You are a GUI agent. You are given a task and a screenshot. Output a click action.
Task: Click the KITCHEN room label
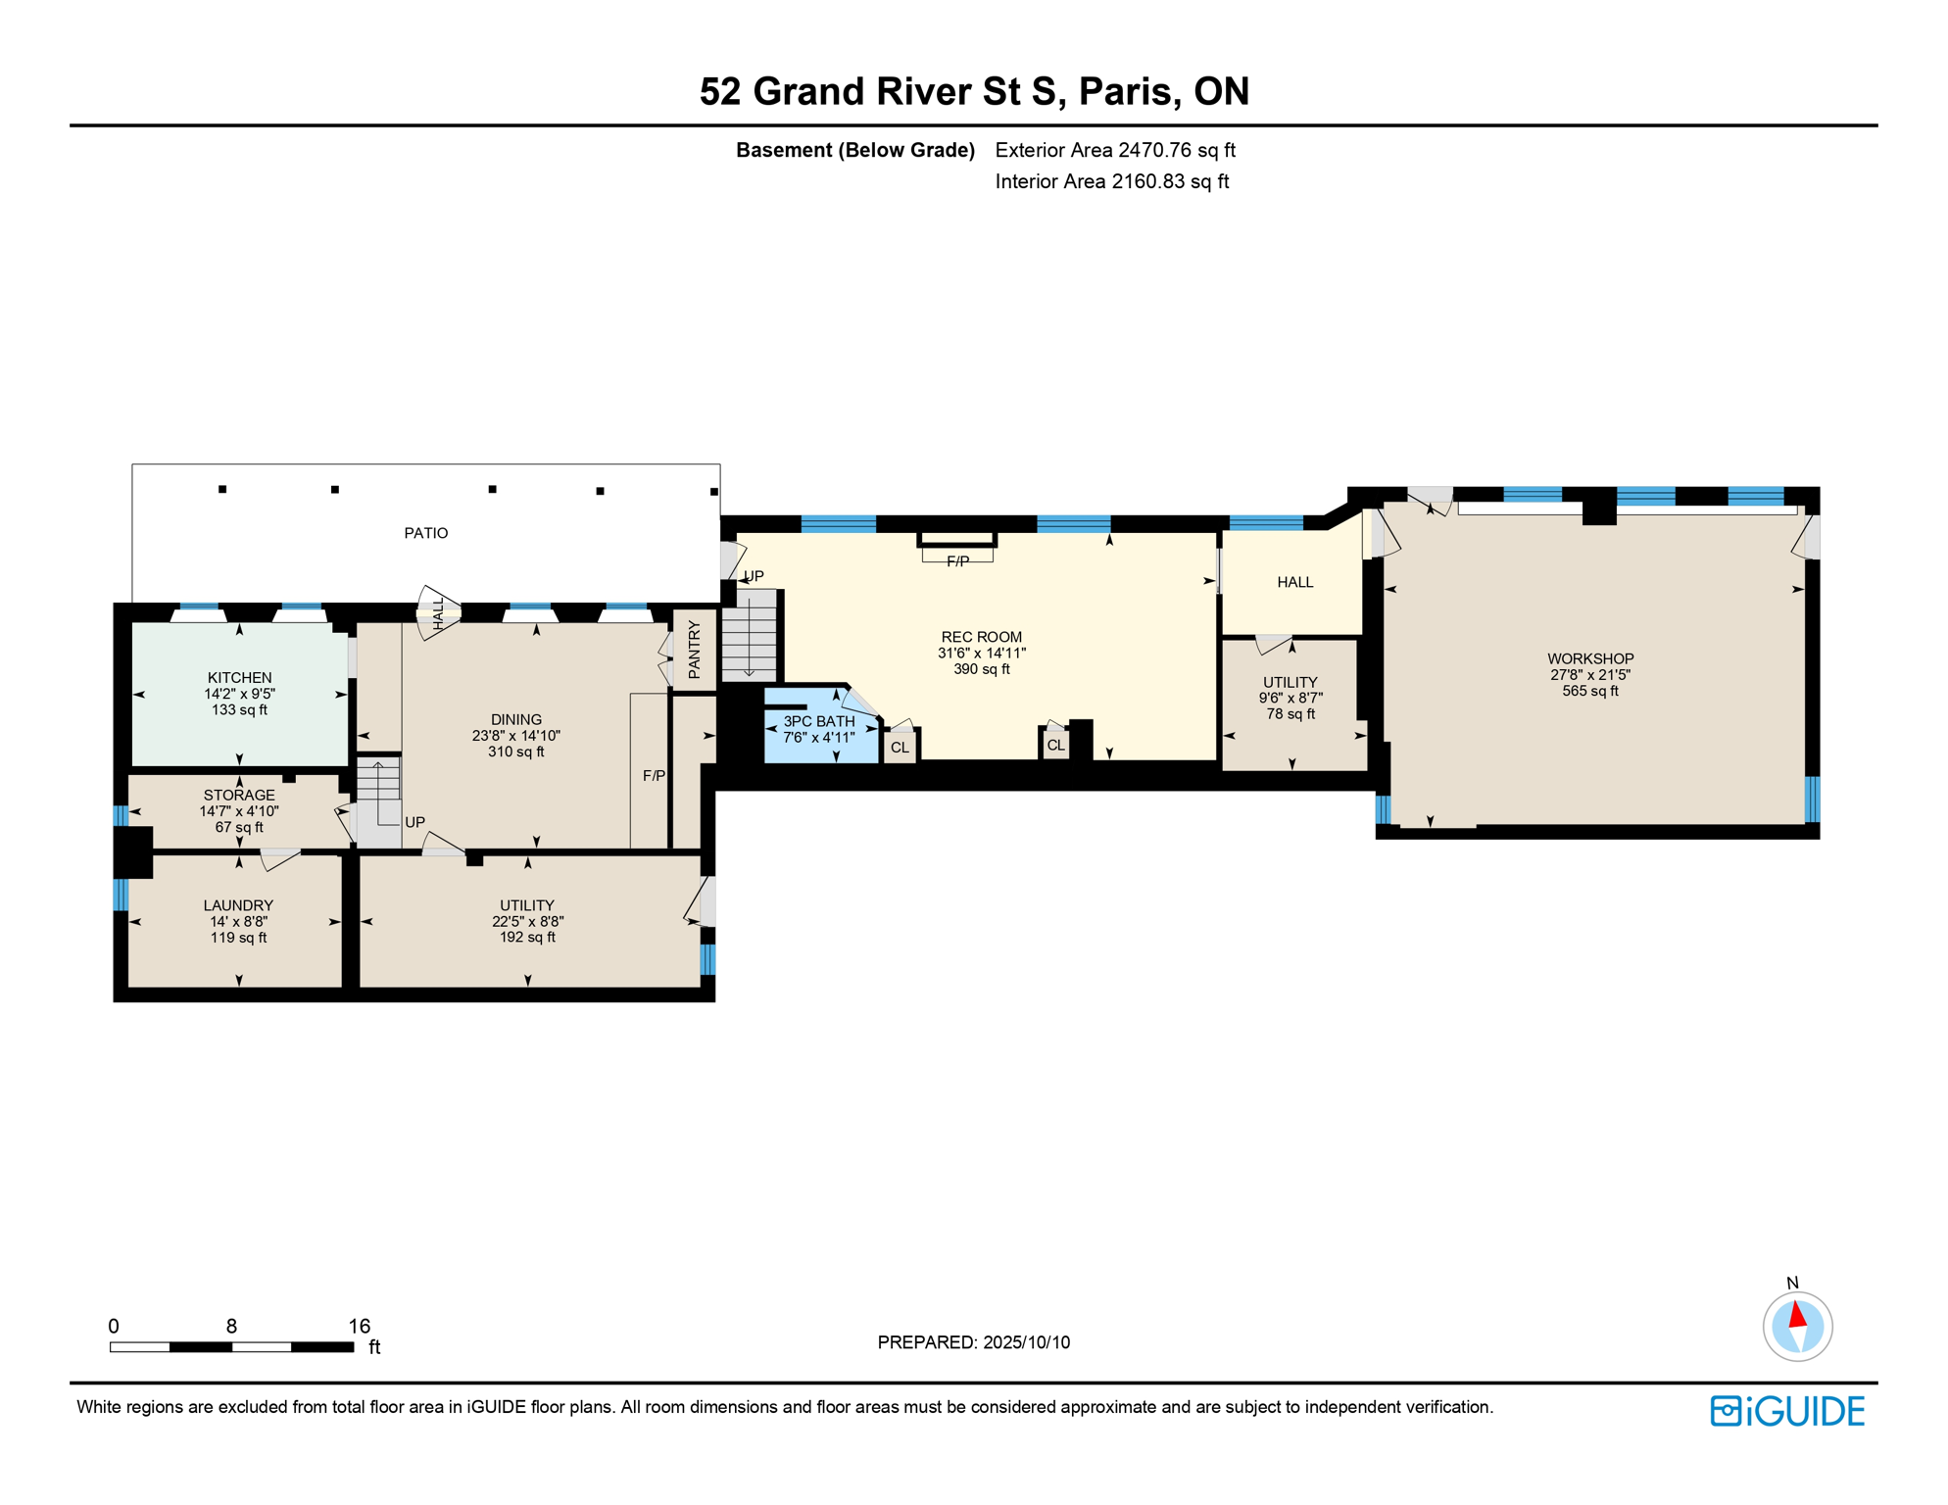pos(239,677)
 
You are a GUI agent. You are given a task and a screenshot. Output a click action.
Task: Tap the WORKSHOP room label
pos(1590,658)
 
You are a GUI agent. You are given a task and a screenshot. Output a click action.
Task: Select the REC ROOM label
pos(981,637)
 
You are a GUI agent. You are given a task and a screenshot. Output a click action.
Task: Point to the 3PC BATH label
pos(819,721)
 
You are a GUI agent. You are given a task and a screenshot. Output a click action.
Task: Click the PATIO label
pos(426,533)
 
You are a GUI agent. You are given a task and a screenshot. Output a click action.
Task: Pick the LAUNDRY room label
pos(238,905)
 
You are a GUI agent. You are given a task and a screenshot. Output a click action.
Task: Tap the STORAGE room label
pos(239,795)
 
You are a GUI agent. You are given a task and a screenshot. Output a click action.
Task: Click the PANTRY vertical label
pos(695,650)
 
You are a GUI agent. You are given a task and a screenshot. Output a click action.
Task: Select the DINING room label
pos(516,719)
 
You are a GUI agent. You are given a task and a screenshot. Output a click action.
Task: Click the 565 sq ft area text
pos(1590,691)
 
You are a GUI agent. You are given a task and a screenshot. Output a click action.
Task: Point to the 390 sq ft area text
pos(981,669)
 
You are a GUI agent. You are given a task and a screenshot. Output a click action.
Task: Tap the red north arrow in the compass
pos(1797,1314)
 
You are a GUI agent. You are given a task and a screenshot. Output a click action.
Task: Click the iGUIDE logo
pos(1787,1411)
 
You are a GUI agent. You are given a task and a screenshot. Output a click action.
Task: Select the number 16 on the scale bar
pos(360,1326)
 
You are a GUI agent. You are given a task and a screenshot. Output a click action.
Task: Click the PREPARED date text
pos(974,1342)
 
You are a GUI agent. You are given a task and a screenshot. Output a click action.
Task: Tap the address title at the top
pos(974,91)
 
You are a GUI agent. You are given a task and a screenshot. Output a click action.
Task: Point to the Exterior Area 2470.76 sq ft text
pos(1115,150)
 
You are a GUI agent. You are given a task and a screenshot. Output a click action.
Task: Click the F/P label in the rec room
pos(957,561)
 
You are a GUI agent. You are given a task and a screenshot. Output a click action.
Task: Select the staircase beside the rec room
pos(750,635)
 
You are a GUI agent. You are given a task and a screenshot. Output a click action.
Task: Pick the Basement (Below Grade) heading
pos(855,150)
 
